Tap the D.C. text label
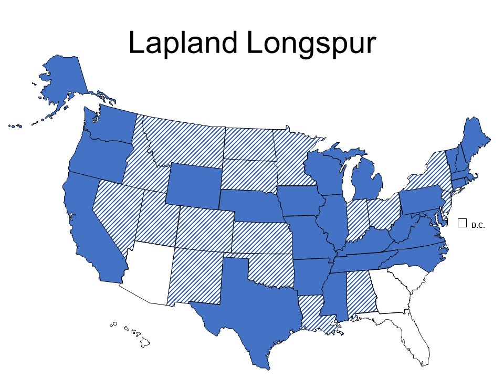[x=478, y=225]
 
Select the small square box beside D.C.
[x=462, y=223]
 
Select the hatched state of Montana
[x=184, y=142]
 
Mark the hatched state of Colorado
[x=205, y=228]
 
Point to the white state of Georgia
[x=391, y=291]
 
